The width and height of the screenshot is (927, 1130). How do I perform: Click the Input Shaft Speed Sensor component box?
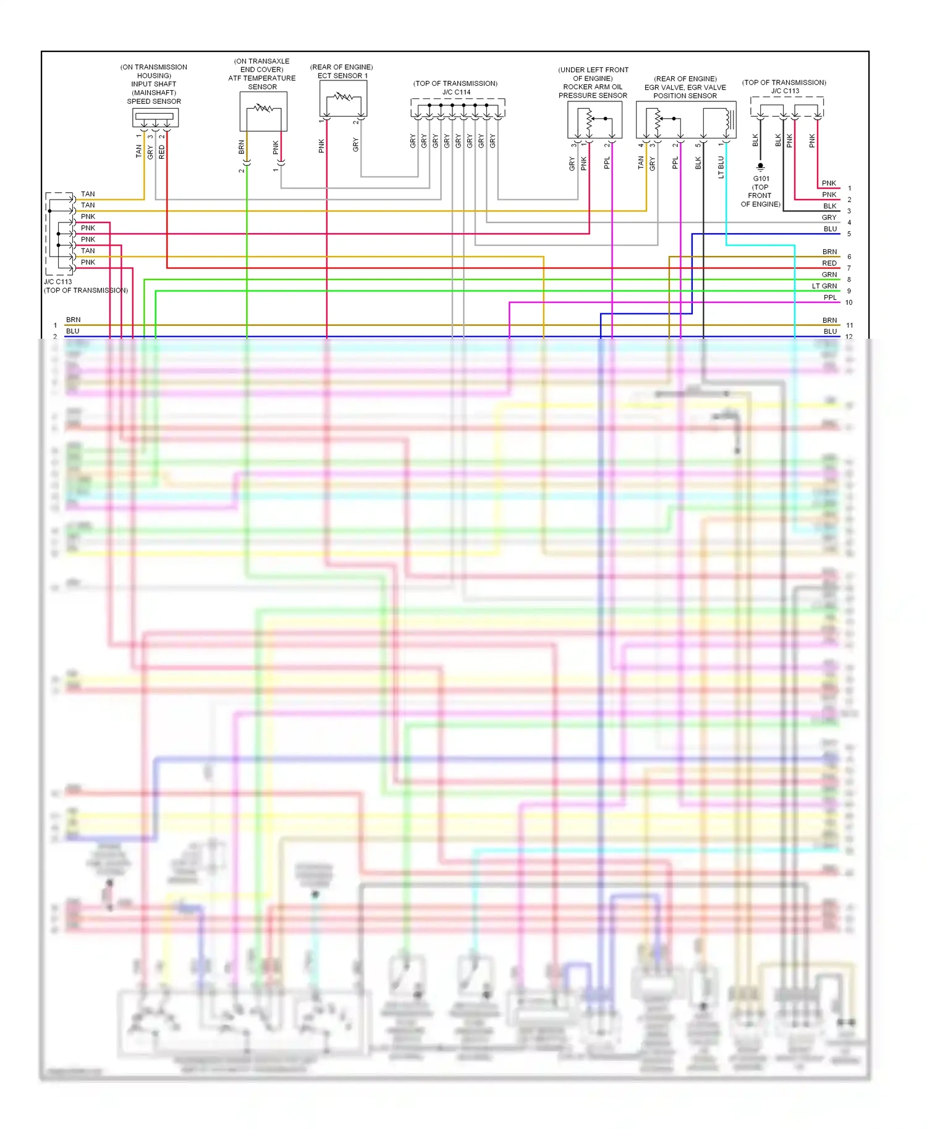(x=155, y=117)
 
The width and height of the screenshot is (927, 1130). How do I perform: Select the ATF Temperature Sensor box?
(x=263, y=111)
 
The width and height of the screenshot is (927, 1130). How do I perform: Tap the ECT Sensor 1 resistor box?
(x=343, y=98)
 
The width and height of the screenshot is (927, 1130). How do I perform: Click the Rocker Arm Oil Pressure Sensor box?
(x=595, y=119)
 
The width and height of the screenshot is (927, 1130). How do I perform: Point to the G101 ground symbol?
(x=761, y=167)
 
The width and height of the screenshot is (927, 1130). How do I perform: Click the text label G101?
(x=761, y=179)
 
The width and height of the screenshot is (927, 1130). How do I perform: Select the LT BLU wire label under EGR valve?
(x=721, y=167)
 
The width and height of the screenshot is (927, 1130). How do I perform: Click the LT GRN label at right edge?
(x=824, y=286)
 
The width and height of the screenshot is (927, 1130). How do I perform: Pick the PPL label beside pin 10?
(x=830, y=297)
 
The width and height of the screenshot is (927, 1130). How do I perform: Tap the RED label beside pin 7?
(x=829, y=263)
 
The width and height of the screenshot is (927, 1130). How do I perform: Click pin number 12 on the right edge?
(x=849, y=337)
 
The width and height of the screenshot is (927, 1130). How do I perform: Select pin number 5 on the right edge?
(x=849, y=234)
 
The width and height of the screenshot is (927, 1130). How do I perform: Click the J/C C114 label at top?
(x=456, y=92)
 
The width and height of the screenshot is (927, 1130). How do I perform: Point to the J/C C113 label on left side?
(x=57, y=282)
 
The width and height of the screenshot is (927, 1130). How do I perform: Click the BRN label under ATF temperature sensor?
(x=242, y=147)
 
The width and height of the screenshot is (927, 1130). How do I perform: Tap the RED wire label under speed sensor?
(x=162, y=152)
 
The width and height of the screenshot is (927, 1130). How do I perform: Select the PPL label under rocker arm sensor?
(x=607, y=163)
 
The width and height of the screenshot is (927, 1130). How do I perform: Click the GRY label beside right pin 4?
(x=829, y=218)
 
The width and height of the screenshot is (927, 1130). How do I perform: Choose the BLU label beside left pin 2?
(x=73, y=331)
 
